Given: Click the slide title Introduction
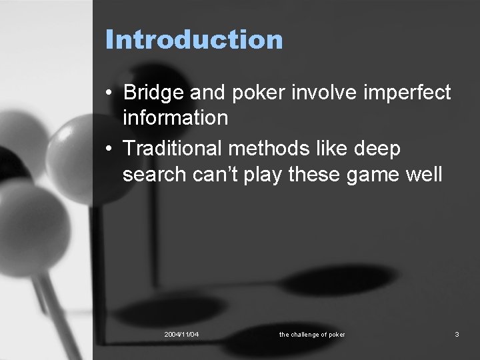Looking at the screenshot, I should (194, 39).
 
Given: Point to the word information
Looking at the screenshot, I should (175, 118).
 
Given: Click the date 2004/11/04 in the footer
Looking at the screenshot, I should (181, 334).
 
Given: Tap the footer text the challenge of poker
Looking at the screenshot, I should (312, 334).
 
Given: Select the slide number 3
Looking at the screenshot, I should (457, 334).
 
